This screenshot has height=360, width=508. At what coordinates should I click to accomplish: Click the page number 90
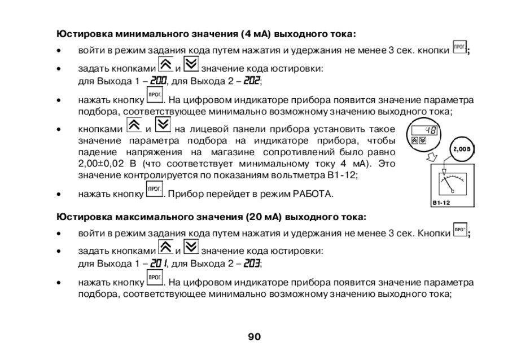[254, 337]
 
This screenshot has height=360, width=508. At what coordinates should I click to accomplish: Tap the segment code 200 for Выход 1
[159, 81]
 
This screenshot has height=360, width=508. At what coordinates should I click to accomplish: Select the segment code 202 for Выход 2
[252, 81]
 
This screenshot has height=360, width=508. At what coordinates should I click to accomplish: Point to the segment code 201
[159, 263]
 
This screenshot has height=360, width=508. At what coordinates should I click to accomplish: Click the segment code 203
[252, 263]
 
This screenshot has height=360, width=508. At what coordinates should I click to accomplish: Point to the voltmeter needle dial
[450, 182]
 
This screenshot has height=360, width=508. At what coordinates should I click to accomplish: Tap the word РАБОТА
[312, 195]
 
